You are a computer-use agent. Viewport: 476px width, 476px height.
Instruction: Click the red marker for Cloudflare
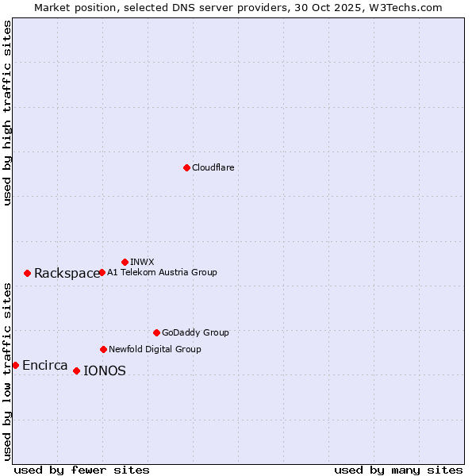[186, 167]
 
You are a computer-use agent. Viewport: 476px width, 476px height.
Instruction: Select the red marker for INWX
[125, 262]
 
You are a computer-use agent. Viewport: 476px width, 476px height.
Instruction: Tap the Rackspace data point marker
[27, 273]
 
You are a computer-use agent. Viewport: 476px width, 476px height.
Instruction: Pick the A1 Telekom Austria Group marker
[102, 272]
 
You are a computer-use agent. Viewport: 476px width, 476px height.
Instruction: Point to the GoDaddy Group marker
[156, 332]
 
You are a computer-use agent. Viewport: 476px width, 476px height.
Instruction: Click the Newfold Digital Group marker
[103, 349]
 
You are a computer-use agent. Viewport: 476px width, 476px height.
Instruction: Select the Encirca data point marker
[15, 365]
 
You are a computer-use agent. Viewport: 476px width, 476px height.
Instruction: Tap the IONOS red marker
[76, 370]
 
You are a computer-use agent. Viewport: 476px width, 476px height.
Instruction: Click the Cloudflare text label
[213, 167]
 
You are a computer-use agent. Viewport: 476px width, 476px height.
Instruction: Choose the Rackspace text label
[67, 274]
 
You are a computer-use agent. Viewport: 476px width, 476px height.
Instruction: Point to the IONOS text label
[104, 371]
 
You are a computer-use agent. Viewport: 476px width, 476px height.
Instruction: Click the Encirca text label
[44, 366]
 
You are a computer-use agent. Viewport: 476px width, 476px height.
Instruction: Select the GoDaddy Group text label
[195, 332]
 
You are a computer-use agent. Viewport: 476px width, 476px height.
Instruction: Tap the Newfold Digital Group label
[155, 349]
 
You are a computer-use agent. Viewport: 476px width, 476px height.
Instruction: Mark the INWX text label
[142, 262]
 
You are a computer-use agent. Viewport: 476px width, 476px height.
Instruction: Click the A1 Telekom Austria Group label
[162, 272]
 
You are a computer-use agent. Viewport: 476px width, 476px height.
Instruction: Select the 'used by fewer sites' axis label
[82, 470]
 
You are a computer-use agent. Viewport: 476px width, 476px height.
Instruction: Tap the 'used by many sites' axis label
[398, 470]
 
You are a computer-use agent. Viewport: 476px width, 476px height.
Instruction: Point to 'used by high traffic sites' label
[7, 113]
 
